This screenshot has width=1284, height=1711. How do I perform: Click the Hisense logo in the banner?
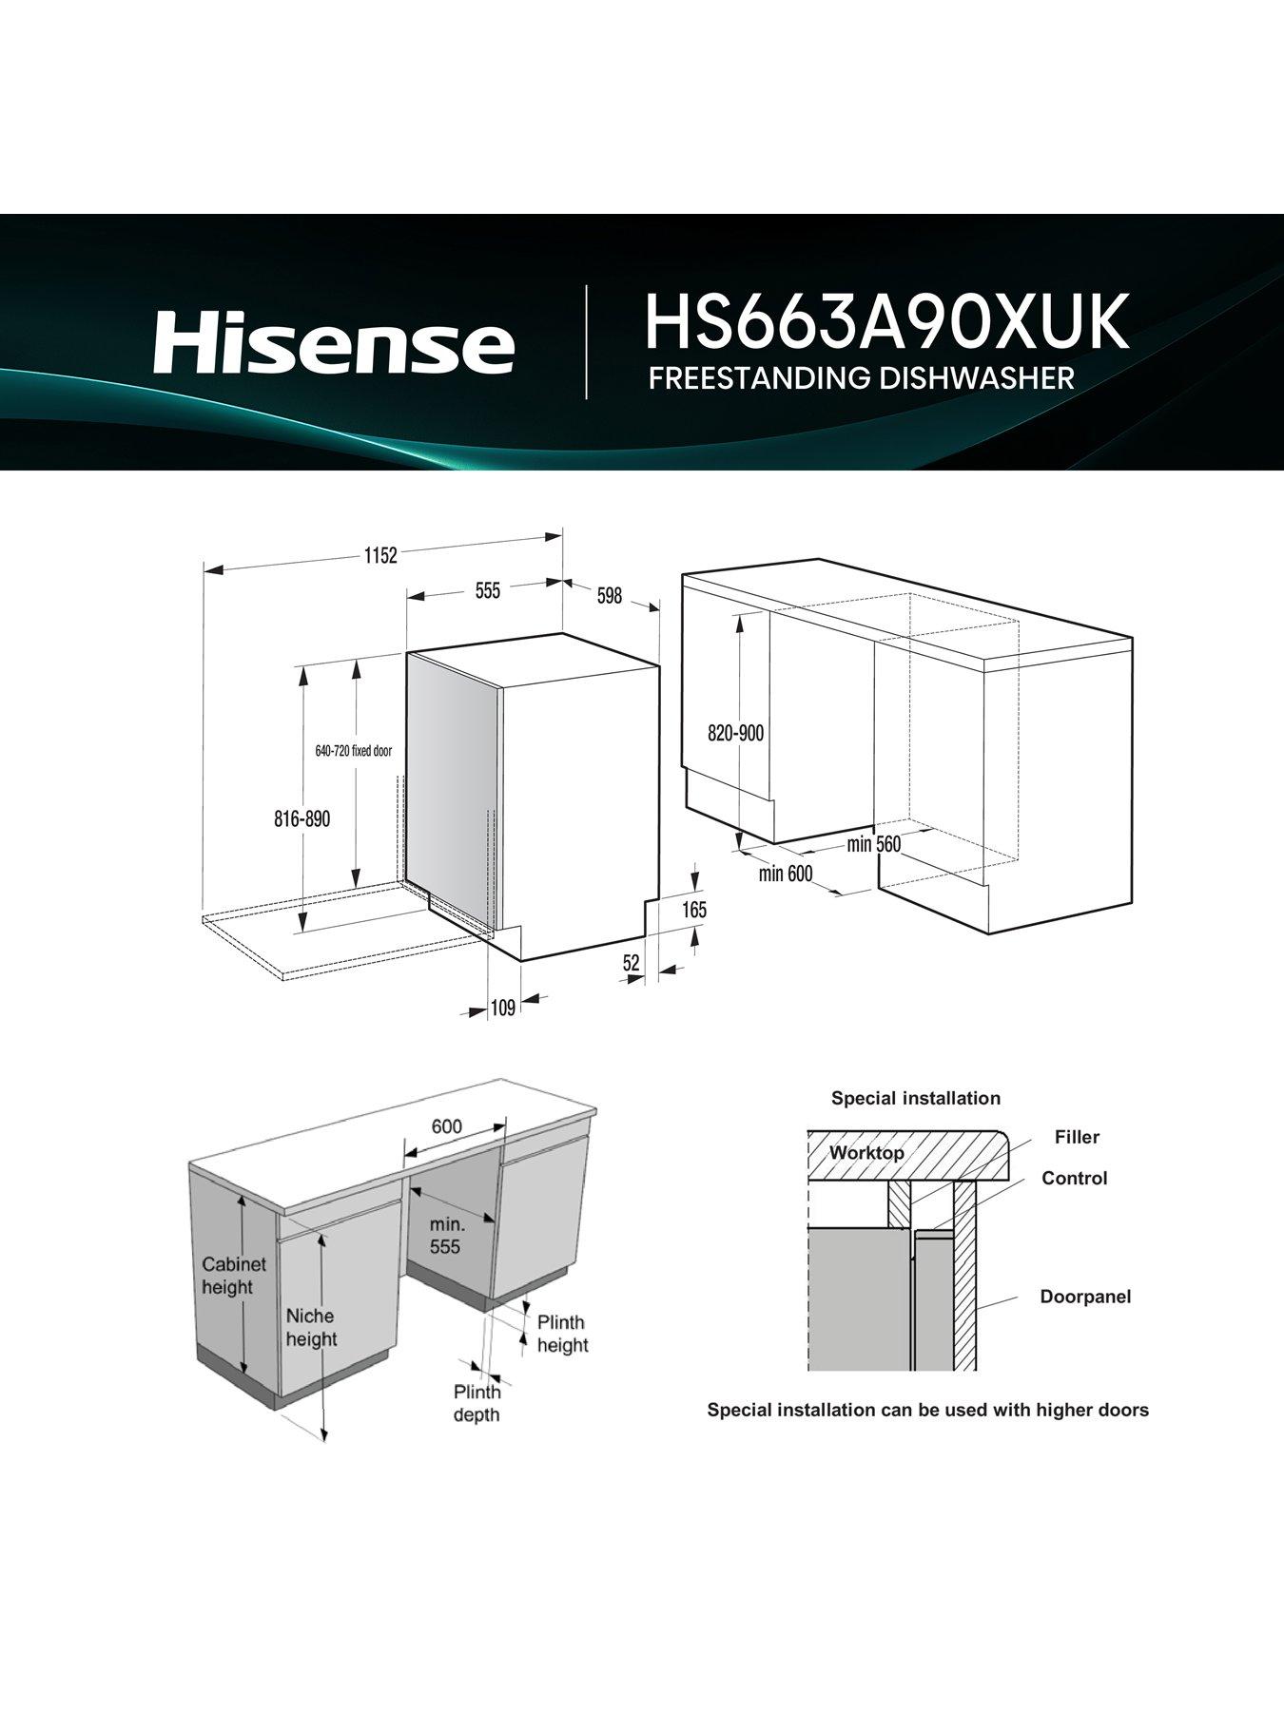pos(334,344)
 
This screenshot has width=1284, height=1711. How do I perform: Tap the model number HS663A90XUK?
pos(886,321)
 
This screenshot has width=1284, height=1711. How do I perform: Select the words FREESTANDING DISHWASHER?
pos(861,378)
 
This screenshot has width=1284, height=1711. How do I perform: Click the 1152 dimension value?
pos(379,556)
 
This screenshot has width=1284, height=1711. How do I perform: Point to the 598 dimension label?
pos(609,596)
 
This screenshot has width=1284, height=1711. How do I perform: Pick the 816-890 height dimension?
pos(302,818)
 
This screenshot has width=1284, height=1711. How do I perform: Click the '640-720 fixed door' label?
pos(353,751)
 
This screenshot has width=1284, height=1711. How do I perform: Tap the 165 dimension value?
pos(694,910)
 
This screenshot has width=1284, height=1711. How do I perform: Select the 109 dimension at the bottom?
pos(502,1008)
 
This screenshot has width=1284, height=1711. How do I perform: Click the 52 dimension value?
pos(631,963)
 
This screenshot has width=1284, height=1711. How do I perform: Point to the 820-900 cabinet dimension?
pos(735,734)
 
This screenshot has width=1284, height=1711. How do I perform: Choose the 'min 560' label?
pos(873,844)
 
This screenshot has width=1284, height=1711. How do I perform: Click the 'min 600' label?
pos(786,873)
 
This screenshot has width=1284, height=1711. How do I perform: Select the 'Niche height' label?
pos(311,1327)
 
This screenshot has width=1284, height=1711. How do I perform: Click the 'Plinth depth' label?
pos(477,1403)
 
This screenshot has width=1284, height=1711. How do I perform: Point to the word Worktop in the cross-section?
pos(866,1153)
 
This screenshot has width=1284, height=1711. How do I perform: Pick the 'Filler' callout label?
pos(1077,1137)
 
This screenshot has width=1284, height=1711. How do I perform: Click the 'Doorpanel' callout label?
pos(1085,1297)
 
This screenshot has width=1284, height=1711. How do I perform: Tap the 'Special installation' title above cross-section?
pos(915,1098)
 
